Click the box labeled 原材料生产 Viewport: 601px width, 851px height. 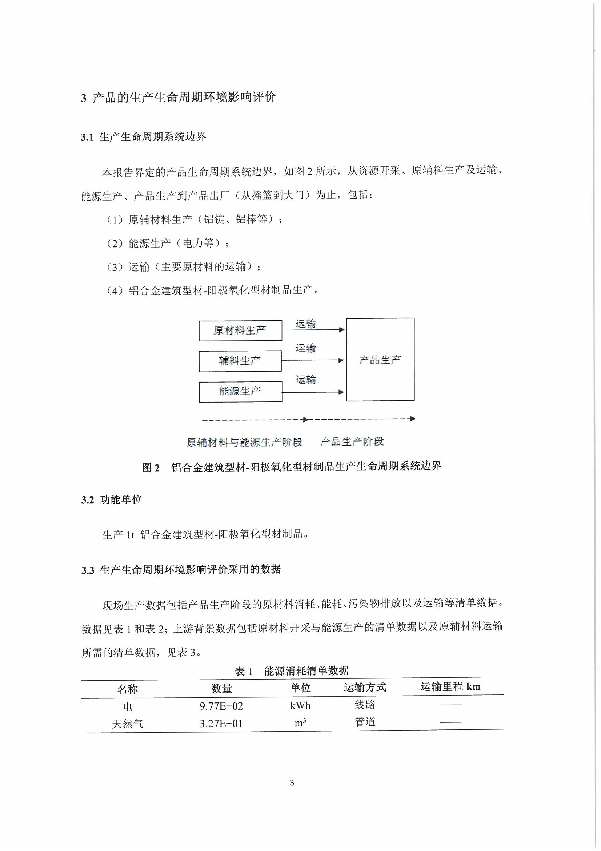[x=240, y=330]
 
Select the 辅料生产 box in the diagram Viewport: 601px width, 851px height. [x=240, y=361]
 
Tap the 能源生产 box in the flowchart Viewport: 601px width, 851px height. [x=240, y=391]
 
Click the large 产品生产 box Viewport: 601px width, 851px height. [x=380, y=359]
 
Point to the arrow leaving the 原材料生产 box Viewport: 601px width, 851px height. [x=313, y=330]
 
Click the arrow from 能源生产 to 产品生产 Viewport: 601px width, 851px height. [x=313, y=392]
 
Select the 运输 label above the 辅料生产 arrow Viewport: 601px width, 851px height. [x=305, y=348]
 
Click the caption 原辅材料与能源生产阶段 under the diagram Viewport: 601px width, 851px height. [x=244, y=442]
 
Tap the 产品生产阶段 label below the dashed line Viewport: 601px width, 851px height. [x=352, y=442]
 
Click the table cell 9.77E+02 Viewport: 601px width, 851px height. [x=221, y=706]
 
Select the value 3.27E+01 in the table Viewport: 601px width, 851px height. [x=221, y=724]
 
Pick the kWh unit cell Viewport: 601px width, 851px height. [x=300, y=706]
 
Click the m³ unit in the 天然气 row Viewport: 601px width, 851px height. [x=300, y=723]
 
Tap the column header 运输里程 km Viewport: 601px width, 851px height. [x=450, y=687]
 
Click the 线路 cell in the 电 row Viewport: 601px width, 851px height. [x=365, y=705]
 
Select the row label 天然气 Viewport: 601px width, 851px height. [x=127, y=724]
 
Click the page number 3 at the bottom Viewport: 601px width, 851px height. [x=292, y=783]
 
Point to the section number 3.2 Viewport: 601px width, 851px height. [x=87, y=500]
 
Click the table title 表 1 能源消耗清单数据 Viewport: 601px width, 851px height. [x=292, y=671]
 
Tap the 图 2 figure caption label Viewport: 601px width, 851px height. [x=151, y=468]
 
